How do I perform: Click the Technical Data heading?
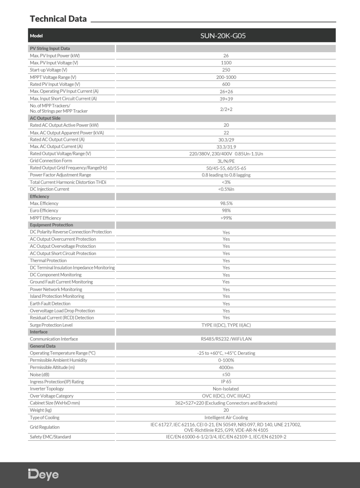pyautogui.click(x=58, y=19)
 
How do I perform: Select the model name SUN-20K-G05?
pyautogui.click(x=226, y=36)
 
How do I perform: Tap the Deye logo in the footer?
pyautogui.click(x=43, y=475)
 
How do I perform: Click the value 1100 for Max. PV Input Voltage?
pyautogui.click(x=226, y=63)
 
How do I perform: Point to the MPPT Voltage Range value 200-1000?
pyautogui.click(x=226, y=77)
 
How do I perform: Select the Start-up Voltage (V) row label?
pyautogui.click(x=48, y=70)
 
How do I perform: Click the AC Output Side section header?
pyautogui.click(x=45, y=118)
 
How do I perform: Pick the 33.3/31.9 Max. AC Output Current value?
pyautogui.click(x=226, y=147)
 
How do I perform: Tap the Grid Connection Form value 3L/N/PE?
pyautogui.click(x=226, y=161)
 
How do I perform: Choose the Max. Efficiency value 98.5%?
pyautogui.click(x=226, y=204)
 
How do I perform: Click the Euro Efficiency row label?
pyautogui.click(x=44, y=210)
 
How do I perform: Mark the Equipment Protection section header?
pyautogui.click(x=51, y=225)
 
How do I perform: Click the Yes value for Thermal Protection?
pyautogui.click(x=226, y=261)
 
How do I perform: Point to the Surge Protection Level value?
pyautogui.click(x=226, y=325)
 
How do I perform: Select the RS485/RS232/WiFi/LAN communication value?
pyautogui.click(x=226, y=339)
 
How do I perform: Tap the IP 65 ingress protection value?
pyautogui.click(x=226, y=382)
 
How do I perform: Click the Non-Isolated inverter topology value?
pyautogui.click(x=226, y=389)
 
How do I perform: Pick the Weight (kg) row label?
pyautogui.click(x=40, y=410)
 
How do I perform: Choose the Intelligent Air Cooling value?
pyautogui.click(x=226, y=418)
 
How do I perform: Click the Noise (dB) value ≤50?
pyautogui.click(x=226, y=375)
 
